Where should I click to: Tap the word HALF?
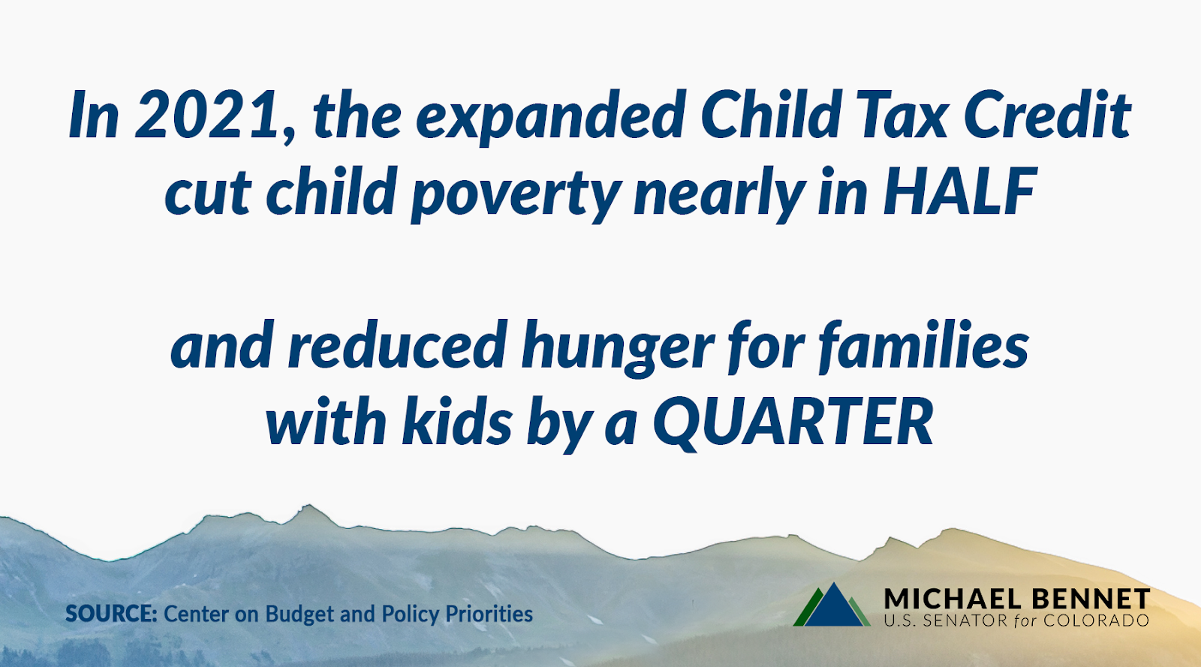point(960,191)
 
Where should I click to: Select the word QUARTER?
point(794,423)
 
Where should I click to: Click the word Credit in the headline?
point(1048,113)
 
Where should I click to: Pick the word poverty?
point(516,194)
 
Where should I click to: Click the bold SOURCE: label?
point(112,614)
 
